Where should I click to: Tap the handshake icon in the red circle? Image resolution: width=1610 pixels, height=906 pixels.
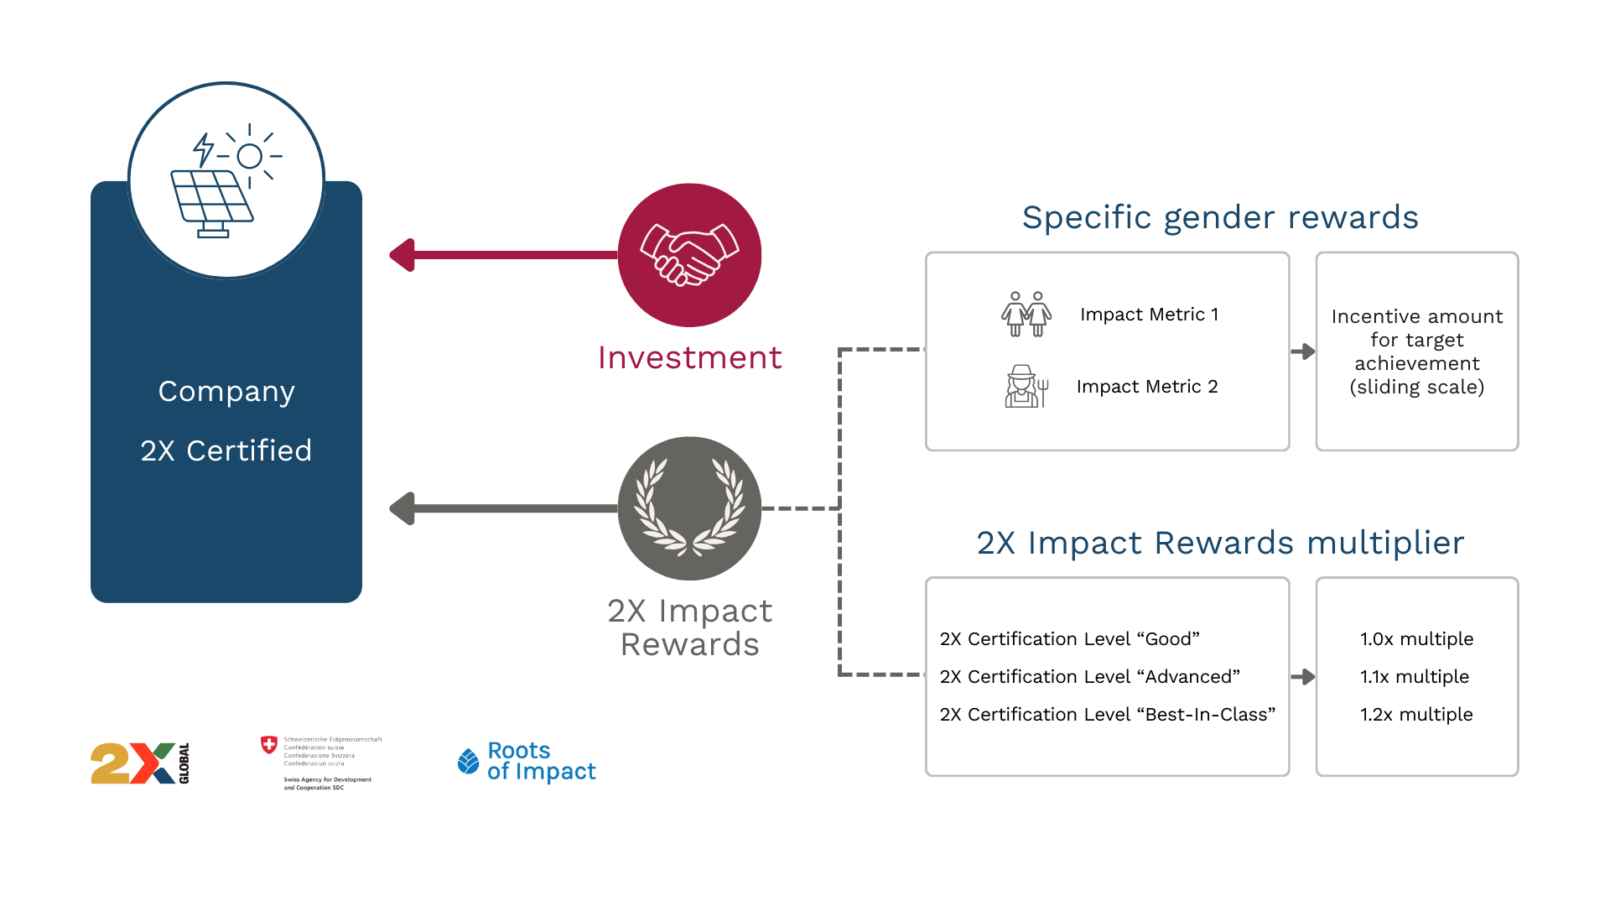pos(689,255)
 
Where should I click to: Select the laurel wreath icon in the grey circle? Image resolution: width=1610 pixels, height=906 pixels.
pos(689,508)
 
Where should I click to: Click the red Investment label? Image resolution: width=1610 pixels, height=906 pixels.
pos(689,357)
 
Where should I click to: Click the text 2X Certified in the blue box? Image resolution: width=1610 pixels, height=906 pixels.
pos(226,450)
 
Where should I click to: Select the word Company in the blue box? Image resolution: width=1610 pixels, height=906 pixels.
pos(226,391)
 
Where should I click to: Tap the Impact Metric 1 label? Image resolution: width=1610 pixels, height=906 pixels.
pos(1149,315)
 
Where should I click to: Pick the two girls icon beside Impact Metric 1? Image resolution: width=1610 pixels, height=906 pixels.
pos(1026,315)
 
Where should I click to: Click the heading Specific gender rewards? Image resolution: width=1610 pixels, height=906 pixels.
pos(1220,217)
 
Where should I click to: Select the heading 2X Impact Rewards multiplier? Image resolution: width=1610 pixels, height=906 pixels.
pos(1220,543)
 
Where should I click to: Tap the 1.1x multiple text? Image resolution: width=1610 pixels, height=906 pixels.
pos(1415,676)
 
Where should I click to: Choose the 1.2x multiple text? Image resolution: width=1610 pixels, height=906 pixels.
pos(1416,714)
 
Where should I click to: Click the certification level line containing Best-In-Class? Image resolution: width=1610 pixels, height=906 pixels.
pos(1107,714)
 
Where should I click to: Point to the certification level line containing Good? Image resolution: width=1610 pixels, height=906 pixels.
pos(1069,638)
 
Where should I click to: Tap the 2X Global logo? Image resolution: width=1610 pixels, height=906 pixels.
pos(139,763)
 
